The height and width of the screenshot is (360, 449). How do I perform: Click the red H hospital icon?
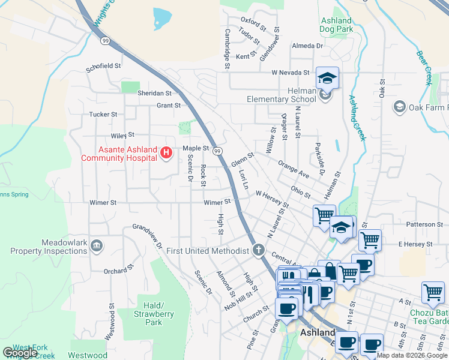(x=166, y=154)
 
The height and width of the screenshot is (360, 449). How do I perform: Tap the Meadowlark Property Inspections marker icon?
(x=97, y=245)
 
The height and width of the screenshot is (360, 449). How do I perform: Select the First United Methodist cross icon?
(x=259, y=250)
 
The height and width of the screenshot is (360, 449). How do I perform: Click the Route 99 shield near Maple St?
(x=218, y=150)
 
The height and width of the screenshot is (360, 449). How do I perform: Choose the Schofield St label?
(x=103, y=66)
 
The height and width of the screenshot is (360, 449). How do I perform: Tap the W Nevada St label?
(x=290, y=73)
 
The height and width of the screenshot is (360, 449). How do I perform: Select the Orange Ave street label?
(x=294, y=168)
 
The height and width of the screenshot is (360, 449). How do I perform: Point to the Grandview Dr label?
(x=148, y=236)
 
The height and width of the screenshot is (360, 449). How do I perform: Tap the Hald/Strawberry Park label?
(x=154, y=310)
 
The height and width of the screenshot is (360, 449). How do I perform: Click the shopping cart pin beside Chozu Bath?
(x=433, y=293)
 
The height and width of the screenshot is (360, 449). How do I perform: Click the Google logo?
(x=20, y=353)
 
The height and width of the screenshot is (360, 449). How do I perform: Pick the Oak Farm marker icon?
(x=399, y=107)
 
